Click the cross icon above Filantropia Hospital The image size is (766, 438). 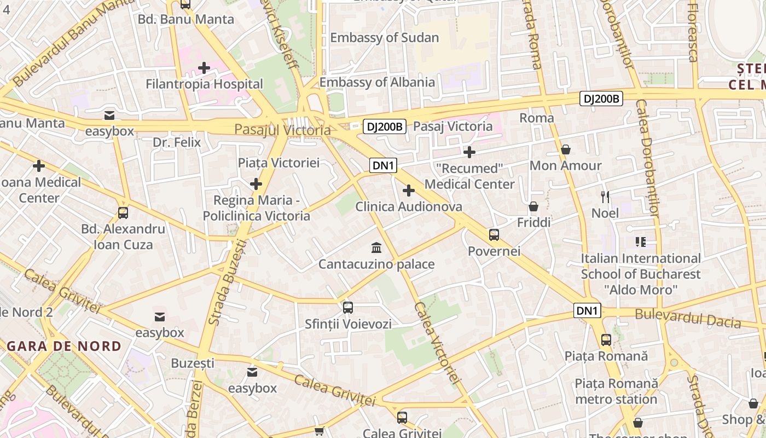[204, 68]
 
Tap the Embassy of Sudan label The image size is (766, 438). [385, 38]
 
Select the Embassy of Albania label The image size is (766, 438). [377, 82]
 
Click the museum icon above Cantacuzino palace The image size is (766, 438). [376, 248]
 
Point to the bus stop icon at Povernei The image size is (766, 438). [494, 235]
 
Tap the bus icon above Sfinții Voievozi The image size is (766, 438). [348, 308]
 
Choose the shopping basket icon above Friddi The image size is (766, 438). [533, 206]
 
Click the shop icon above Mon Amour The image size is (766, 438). [566, 149]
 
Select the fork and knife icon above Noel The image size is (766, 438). [605, 197]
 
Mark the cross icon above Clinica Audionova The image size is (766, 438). [409, 191]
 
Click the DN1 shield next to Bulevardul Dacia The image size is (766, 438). [588, 311]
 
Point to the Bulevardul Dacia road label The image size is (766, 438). [688, 318]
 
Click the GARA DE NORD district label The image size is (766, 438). [64, 346]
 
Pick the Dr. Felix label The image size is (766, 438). [177, 143]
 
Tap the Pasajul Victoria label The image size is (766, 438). [282, 130]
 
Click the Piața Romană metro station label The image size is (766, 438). [616, 391]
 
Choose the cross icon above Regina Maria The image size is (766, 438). [256, 184]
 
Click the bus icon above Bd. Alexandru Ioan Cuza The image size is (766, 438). [123, 213]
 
